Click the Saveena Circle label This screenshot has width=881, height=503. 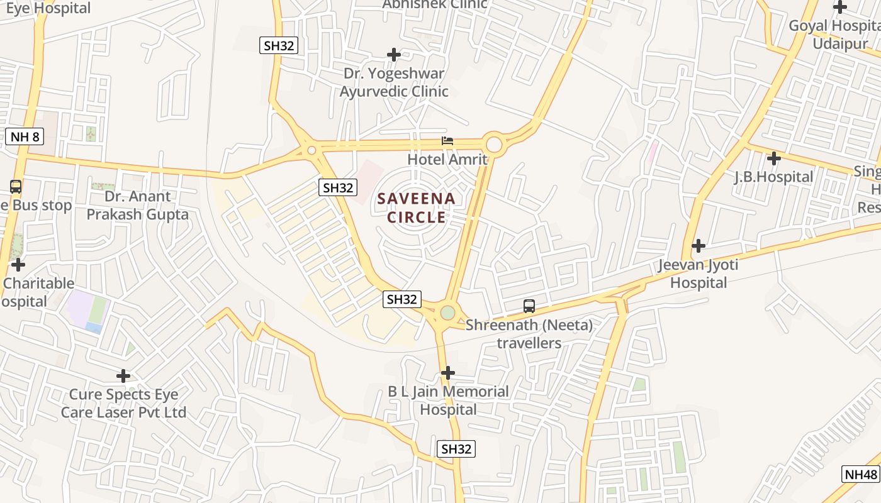416,208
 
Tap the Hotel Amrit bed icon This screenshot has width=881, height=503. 447,141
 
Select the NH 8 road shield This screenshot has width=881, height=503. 25,136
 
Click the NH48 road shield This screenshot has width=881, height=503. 861,474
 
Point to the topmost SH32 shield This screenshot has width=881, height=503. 278,45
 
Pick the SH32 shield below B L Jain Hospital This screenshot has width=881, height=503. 456,448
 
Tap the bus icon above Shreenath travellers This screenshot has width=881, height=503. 529,306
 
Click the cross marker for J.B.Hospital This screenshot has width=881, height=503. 774,158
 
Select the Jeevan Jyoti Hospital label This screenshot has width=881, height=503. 699,274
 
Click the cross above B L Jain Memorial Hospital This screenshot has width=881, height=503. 448,373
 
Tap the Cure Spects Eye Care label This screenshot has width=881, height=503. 123,404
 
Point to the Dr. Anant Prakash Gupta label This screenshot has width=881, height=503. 137,205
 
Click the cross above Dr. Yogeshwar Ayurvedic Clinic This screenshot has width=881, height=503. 394,55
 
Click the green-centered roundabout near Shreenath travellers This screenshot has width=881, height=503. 447,312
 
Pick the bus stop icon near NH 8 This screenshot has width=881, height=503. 16,187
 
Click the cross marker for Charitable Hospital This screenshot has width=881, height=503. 18,265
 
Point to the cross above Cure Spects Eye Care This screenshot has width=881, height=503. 123,376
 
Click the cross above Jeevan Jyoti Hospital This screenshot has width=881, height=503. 699,245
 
